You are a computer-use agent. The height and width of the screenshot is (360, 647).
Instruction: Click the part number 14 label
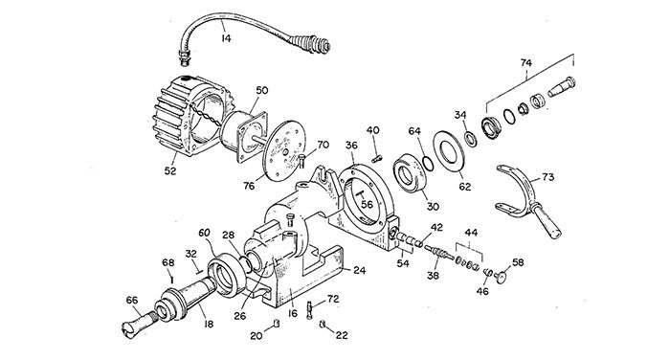click(226, 38)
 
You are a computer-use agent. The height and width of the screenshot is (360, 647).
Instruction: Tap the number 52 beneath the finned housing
click(170, 170)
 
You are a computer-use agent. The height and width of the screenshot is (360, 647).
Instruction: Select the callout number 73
click(548, 177)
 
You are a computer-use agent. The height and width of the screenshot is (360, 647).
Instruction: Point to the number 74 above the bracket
click(526, 63)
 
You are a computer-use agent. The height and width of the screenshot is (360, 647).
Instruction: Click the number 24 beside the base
click(360, 270)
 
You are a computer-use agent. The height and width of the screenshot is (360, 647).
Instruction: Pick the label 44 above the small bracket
click(471, 233)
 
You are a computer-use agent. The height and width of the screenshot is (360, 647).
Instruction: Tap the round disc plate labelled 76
click(285, 150)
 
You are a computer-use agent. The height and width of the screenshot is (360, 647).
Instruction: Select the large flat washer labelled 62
click(449, 151)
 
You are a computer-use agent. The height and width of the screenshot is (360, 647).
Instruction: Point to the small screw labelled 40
click(377, 159)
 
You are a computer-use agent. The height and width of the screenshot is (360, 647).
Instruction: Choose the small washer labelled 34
click(470, 138)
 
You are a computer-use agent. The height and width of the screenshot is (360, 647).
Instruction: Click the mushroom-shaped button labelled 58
click(501, 277)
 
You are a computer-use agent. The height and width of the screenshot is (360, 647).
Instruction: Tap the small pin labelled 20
click(277, 323)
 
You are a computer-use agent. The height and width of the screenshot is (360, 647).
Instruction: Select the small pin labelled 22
click(323, 324)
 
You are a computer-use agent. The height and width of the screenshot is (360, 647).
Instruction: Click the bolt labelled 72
click(310, 310)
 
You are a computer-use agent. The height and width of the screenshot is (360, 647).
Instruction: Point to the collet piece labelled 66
click(140, 324)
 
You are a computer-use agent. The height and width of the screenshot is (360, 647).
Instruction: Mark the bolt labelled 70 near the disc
click(301, 160)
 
